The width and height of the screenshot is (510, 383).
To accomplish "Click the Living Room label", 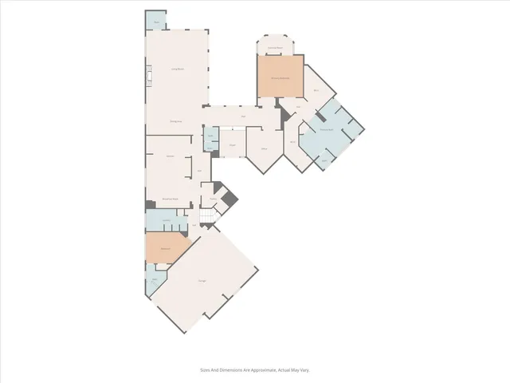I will click(x=178, y=69).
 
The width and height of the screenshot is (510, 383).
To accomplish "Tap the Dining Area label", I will click(x=177, y=120).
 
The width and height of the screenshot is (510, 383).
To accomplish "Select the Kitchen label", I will click(x=170, y=156).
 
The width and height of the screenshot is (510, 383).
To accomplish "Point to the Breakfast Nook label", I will click(x=169, y=198).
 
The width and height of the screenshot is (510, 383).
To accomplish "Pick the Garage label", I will click(x=202, y=280).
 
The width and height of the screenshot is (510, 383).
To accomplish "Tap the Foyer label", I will click(x=232, y=144).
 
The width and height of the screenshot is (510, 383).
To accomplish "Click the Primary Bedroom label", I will click(x=279, y=78).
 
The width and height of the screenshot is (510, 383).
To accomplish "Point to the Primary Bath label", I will click(x=326, y=129).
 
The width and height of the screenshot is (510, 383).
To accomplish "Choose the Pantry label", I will click(x=214, y=198).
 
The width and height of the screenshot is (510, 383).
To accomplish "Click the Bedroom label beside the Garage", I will click(x=166, y=248).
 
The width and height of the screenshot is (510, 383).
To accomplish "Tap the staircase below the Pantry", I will click(x=208, y=217).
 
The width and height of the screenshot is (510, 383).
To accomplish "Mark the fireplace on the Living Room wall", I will click(x=147, y=80).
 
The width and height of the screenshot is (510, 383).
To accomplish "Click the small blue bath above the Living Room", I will click(x=156, y=22).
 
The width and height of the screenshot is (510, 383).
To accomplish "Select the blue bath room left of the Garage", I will click(x=153, y=279).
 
